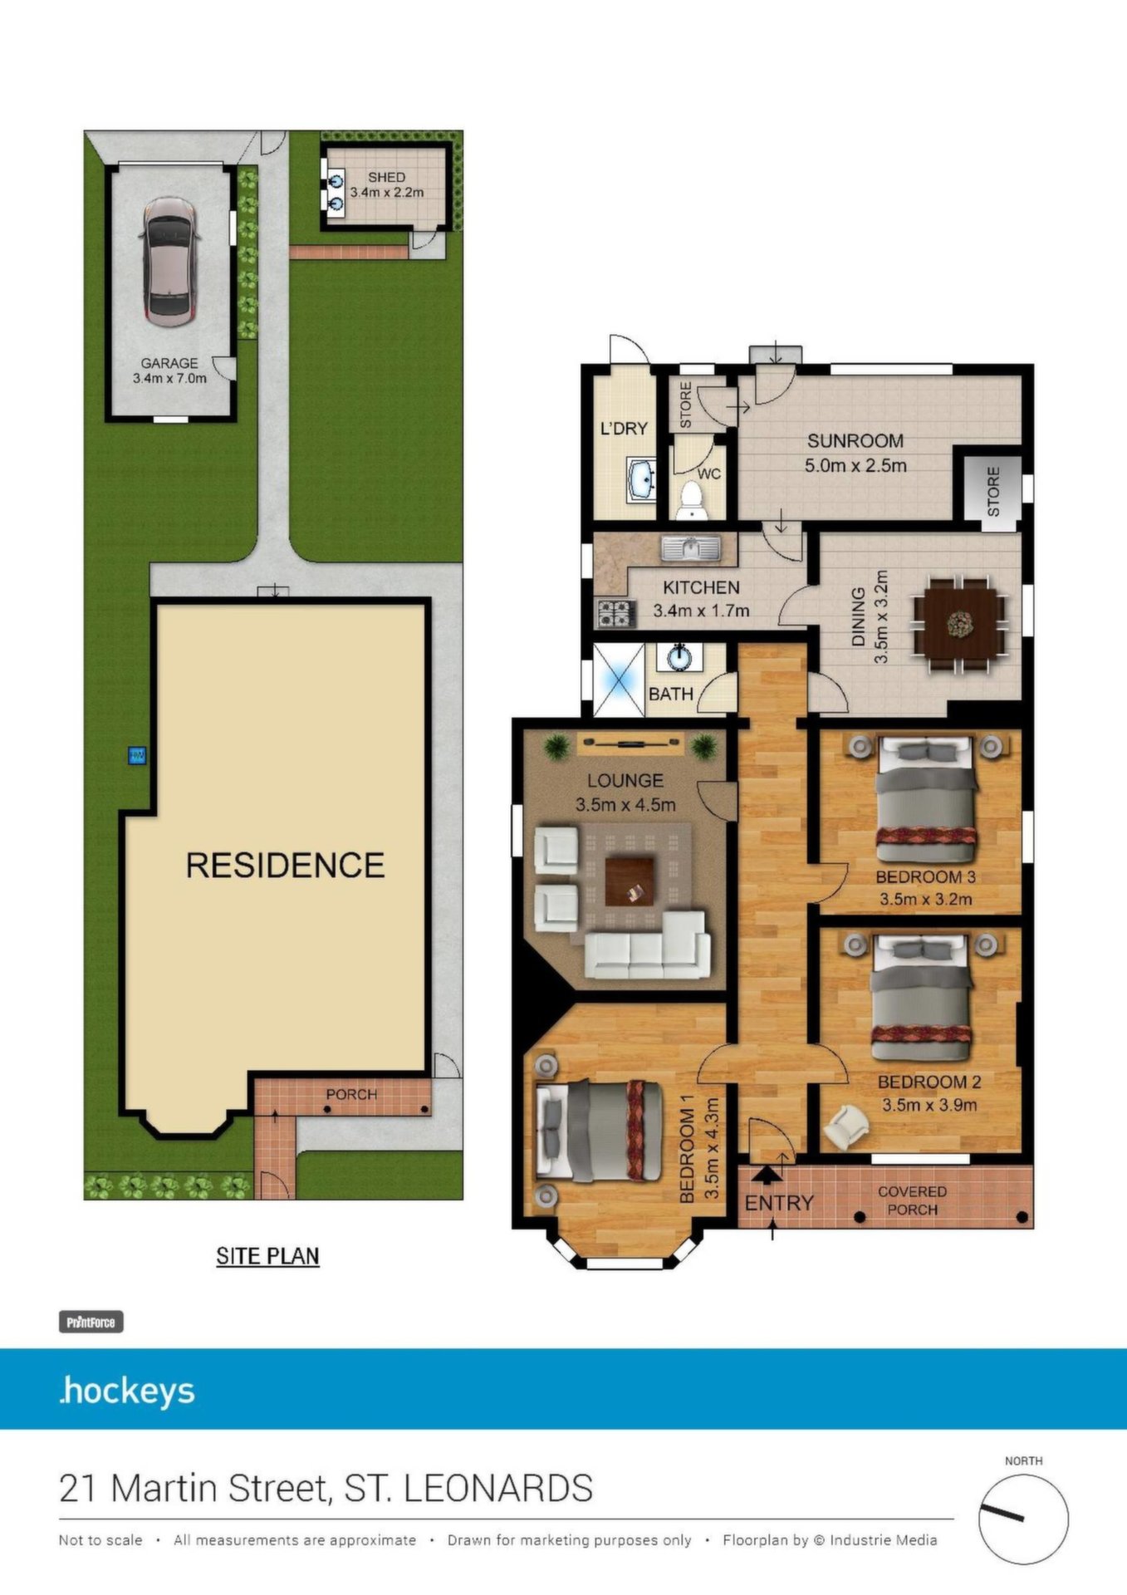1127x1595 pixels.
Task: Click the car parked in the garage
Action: click(x=169, y=262)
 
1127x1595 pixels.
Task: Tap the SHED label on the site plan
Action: click(x=387, y=177)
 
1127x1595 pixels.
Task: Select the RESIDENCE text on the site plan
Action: click(x=285, y=866)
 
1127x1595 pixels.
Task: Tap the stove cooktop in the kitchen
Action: click(x=615, y=614)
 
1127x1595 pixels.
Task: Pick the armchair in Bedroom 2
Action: click(x=846, y=1127)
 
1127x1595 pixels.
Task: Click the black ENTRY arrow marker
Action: click(x=767, y=1174)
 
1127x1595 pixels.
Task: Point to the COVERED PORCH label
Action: click(x=912, y=1200)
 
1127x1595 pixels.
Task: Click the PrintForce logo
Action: click(x=91, y=1322)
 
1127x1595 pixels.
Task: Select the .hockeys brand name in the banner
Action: click(x=127, y=1391)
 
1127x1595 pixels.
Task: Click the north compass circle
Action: click(x=1023, y=1519)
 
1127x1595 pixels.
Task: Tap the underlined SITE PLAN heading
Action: click(x=267, y=1256)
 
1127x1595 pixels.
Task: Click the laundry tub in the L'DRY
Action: click(x=642, y=480)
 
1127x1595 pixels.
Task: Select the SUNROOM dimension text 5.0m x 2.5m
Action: click(x=855, y=465)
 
